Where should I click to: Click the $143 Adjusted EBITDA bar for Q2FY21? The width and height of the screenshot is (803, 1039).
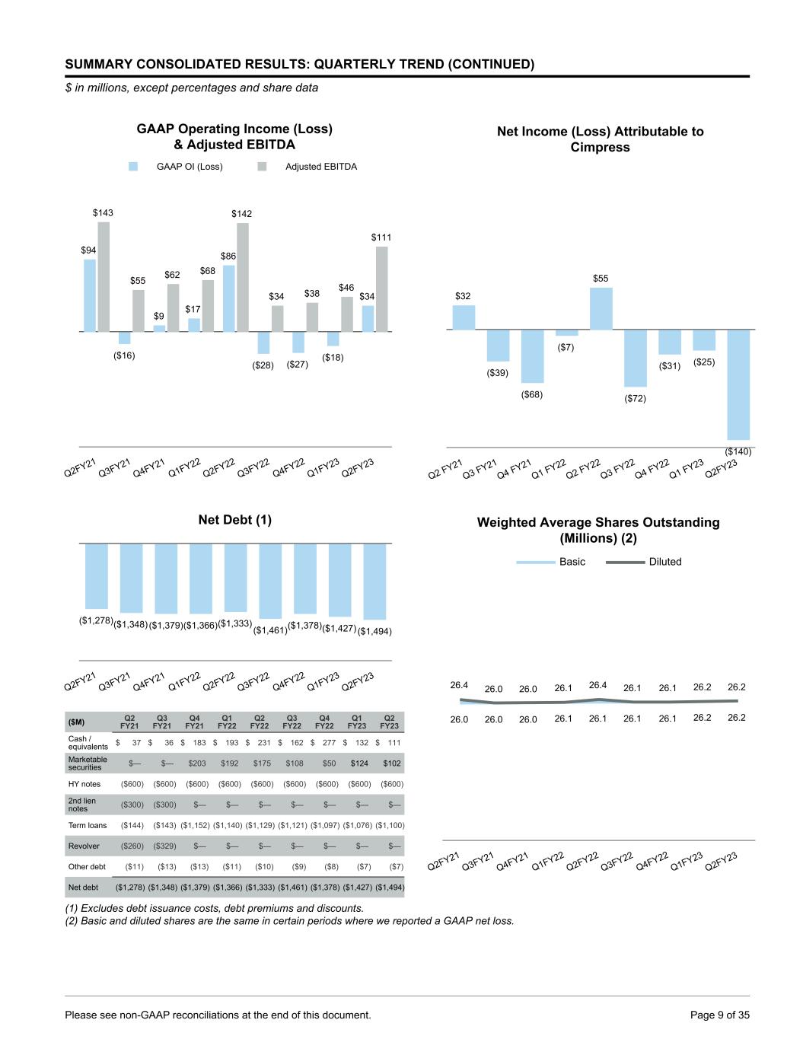click(104, 276)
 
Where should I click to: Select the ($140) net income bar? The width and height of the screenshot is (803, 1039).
click(738, 384)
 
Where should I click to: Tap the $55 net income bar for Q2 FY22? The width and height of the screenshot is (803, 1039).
click(601, 308)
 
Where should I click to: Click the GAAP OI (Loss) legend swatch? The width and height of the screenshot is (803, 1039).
click(133, 167)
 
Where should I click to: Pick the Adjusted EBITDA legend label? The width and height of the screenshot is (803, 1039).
click(320, 167)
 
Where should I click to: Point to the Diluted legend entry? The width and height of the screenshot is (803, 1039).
click(664, 562)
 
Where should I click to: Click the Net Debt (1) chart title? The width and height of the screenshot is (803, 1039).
click(234, 520)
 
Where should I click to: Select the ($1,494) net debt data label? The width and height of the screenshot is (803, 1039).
click(374, 631)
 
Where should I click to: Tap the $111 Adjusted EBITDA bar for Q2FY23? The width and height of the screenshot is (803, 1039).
click(382, 288)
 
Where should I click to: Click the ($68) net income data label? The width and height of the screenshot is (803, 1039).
click(532, 394)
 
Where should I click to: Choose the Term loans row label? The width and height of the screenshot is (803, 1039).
click(88, 825)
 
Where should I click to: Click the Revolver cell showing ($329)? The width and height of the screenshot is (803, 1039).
click(162, 846)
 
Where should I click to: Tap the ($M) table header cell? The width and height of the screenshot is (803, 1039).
click(77, 722)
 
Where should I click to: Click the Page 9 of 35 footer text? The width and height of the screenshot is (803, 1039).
click(719, 1015)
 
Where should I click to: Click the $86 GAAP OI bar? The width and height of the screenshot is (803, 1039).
click(228, 298)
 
